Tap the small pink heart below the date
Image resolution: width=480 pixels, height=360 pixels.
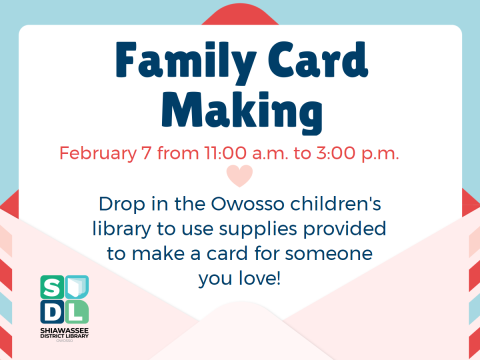pos(240,178)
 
